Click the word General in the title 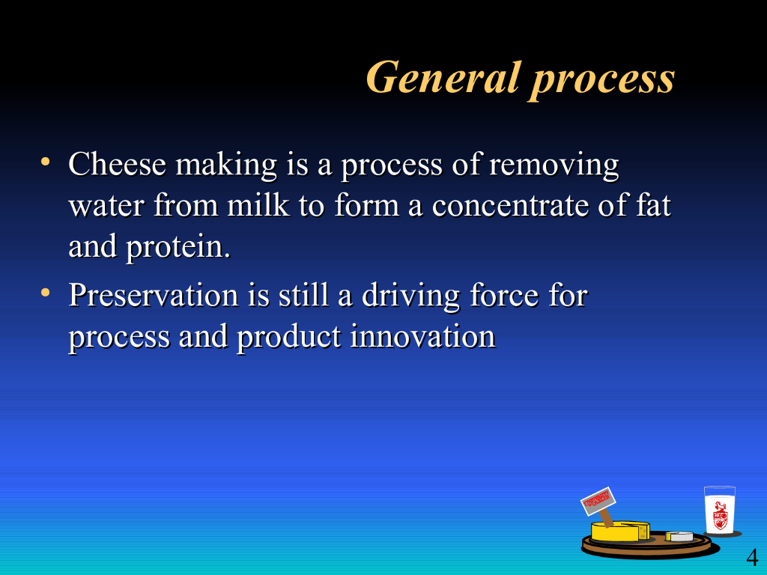point(443,77)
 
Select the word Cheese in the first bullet point(118,164)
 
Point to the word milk point(258,205)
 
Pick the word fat point(653,204)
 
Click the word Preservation point(154,295)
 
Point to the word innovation point(422,337)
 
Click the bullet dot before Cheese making point(46,162)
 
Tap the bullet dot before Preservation point(46,293)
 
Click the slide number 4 point(752,557)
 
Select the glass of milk point(720,510)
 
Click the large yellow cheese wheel point(620,531)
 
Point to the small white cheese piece point(680,536)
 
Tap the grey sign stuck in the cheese point(598,502)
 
